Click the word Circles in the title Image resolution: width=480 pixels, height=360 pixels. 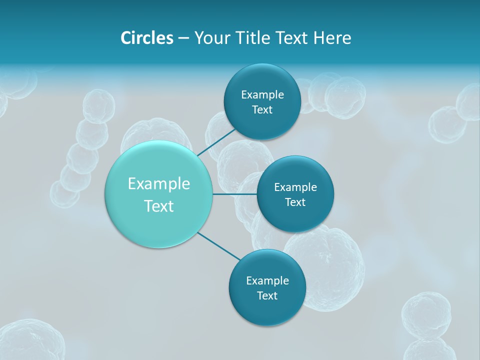pyautogui.click(x=147, y=38)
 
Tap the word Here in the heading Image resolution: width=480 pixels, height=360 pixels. pyautogui.click(x=332, y=38)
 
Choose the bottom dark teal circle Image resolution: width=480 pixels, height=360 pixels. pyautogui.click(x=267, y=310)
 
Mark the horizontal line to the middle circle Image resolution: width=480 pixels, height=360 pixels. pyautogui.click(x=235, y=194)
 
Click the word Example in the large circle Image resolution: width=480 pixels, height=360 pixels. pyautogui.click(x=159, y=184)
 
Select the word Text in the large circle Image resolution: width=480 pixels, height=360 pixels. pyautogui.click(x=159, y=206)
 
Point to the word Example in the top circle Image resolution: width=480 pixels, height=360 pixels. pyautogui.click(x=262, y=95)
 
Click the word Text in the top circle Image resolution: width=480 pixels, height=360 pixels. pyautogui.click(x=262, y=110)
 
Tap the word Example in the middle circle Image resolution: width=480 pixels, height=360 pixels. pyautogui.click(x=295, y=187)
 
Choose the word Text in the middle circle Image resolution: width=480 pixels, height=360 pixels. pyautogui.click(x=295, y=202)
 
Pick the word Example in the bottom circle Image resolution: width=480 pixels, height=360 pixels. pyautogui.click(x=267, y=281)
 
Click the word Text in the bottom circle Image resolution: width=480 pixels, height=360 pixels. pyautogui.click(x=267, y=296)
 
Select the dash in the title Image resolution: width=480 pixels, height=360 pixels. pyautogui.click(x=183, y=38)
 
